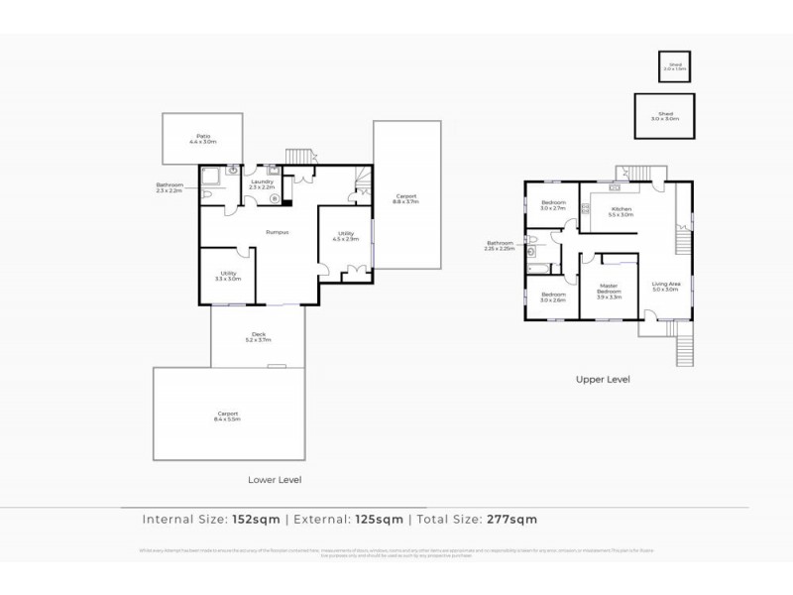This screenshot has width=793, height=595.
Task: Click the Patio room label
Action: tap(203, 139)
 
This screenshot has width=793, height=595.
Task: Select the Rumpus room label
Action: tap(277, 232)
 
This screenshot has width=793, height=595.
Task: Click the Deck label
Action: tap(258, 337)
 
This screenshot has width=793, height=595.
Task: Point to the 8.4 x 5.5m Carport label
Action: tap(229, 416)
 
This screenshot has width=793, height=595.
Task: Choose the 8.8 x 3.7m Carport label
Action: tap(406, 197)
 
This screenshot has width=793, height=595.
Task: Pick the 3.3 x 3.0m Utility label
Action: tap(228, 277)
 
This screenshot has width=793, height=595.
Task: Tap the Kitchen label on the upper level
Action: tap(622, 211)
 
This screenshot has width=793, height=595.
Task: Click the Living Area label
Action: tap(665, 287)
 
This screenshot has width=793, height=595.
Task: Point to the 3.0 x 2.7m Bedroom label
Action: tap(553, 206)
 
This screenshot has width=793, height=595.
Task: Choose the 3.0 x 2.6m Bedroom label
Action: tap(553, 297)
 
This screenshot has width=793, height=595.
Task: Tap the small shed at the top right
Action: tap(676, 66)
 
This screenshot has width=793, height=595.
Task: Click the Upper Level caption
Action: tap(603, 379)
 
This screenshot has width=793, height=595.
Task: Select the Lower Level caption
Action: tap(275, 479)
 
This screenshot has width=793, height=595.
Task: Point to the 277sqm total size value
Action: tap(510, 519)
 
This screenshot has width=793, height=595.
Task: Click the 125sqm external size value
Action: tap(382, 519)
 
